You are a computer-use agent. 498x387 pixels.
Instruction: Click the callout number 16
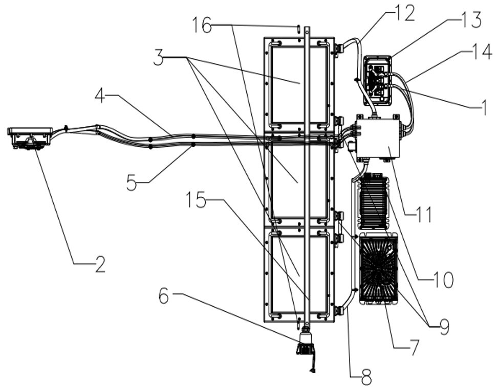pos(202,25)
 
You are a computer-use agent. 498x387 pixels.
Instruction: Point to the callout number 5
pos(132,183)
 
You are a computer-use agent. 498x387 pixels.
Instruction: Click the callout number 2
pos(100,264)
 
